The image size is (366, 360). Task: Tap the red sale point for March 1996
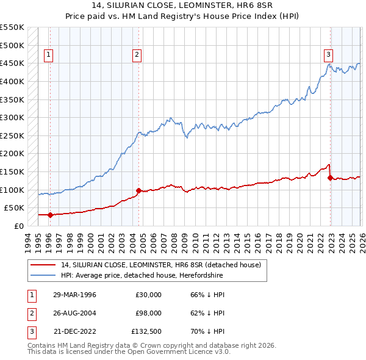50,215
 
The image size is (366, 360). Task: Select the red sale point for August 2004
138,190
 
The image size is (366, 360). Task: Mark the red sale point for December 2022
330,178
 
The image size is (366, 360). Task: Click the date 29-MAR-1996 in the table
74,294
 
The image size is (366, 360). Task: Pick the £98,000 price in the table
149,313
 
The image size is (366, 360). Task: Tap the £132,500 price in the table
147,332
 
